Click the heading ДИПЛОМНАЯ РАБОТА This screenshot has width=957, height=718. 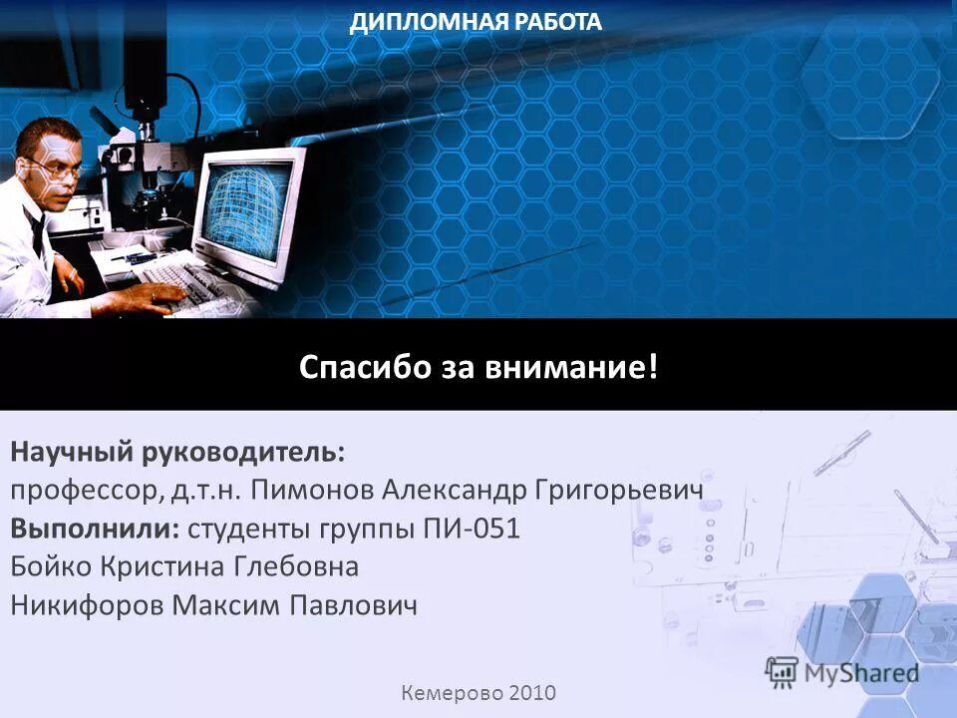[476, 22]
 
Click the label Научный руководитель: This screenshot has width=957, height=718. [178, 452]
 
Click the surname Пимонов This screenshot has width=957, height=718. [312, 490]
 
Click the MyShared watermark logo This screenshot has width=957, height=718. [842, 672]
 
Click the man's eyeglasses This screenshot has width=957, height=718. [58, 170]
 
